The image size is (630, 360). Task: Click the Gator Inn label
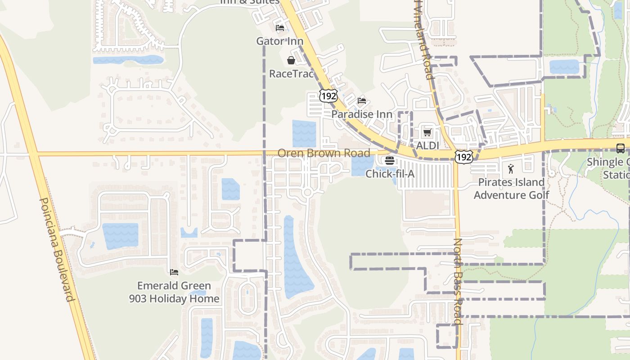tap(279, 41)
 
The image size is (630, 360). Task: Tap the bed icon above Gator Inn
tap(280, 28)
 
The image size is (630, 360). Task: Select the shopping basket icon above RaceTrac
tap(291, 60)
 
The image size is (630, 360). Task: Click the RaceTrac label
tap(291, 74)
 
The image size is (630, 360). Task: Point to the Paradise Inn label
tap(362, 114)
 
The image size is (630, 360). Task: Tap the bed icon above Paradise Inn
tap(362, 101)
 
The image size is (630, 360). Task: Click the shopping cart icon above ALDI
tap(427, 132)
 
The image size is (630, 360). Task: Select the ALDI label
tap(427, 146)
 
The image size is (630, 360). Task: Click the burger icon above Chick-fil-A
tap(390, 161)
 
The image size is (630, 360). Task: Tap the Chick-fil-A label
tap(390, 174)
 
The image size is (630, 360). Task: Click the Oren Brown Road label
tap(324, 153)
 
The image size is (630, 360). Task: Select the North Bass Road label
tap(458, 281)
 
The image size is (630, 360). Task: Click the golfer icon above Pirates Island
tap(511, 169)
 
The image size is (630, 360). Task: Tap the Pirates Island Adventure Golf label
tap(511, 189)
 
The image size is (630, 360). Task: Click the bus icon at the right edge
tap(620, 148)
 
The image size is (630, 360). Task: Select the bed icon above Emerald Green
tap(174, 272)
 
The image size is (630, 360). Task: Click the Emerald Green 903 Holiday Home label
tap(174, 292)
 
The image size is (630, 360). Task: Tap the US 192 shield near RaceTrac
tap(328, 95)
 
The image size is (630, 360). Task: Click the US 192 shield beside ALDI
tap(463, 156)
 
